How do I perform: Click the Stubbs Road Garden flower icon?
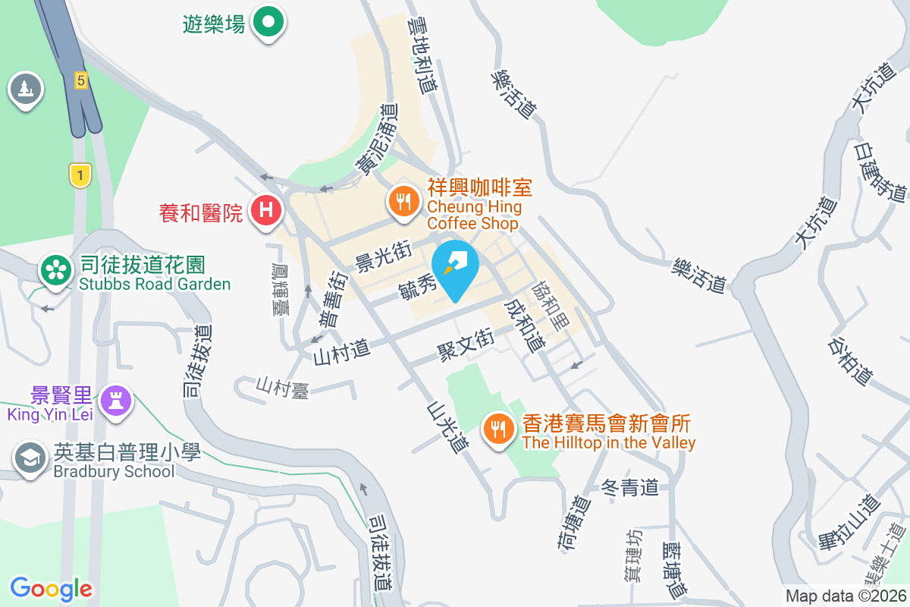pos(55,271)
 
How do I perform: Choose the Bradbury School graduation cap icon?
pos(30,459)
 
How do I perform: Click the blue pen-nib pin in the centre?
pos(455,266)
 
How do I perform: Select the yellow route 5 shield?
pos(81,80)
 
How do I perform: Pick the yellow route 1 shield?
pos(80,176)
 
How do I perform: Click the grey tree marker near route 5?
pos(26,90)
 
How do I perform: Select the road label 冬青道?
pos(629,487)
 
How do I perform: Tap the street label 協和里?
pos(549,305)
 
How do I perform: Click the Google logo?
pos(51,589)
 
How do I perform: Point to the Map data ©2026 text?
pos(846,596)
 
